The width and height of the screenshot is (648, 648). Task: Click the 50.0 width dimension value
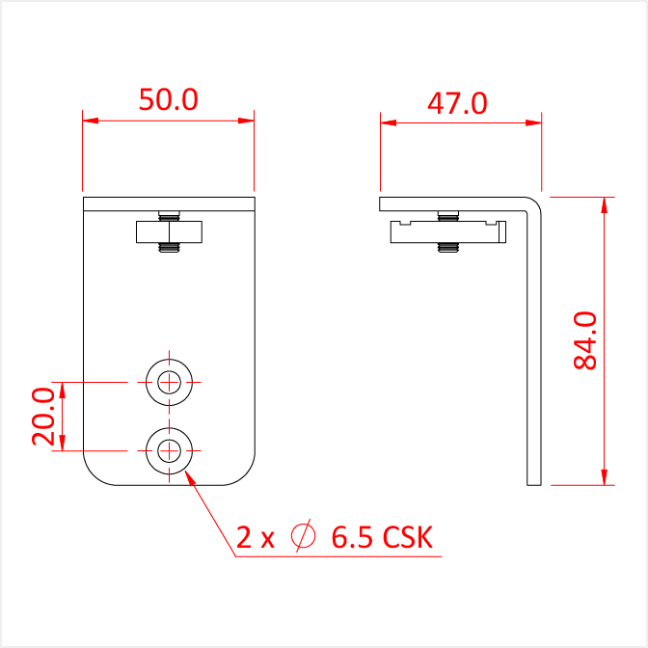[169, 99]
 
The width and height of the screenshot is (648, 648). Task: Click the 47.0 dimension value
[457, 103]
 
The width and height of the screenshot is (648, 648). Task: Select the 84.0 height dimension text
[585, 340]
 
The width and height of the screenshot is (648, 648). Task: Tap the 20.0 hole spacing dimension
[43, 417]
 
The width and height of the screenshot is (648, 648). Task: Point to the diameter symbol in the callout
[303, 535]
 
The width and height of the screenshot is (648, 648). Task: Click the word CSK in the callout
[408, 537]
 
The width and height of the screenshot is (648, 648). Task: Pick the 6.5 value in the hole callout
[353, 537]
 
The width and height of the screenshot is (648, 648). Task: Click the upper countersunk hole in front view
[169, 382]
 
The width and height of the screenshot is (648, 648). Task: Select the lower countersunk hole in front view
[169, 451]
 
